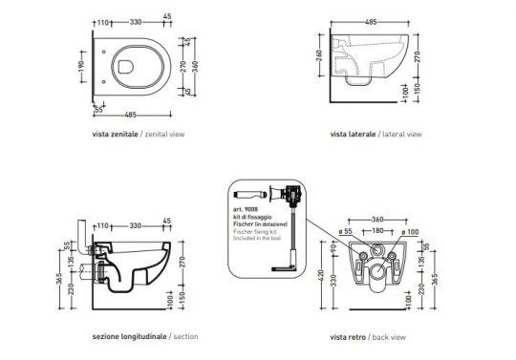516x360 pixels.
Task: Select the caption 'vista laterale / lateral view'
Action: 375,135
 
